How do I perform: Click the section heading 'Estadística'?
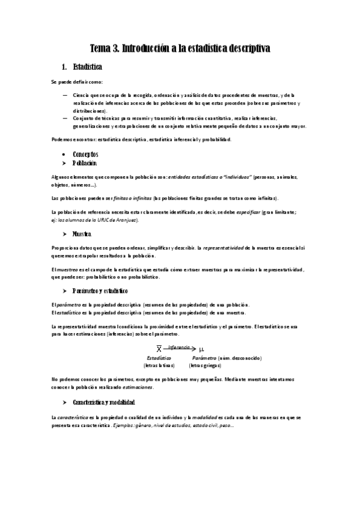[87, 66]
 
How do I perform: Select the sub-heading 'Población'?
[84, 163]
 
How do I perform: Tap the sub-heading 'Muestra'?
[82, 233]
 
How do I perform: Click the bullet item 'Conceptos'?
[85, 155]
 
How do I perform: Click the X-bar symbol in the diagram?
[159, 349]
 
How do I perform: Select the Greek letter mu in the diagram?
[202, 349]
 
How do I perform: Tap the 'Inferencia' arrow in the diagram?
[180, 348]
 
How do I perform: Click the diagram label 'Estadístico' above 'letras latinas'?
[159, 358]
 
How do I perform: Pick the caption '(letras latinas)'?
[159, 365]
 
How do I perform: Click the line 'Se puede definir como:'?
[78, 82]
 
